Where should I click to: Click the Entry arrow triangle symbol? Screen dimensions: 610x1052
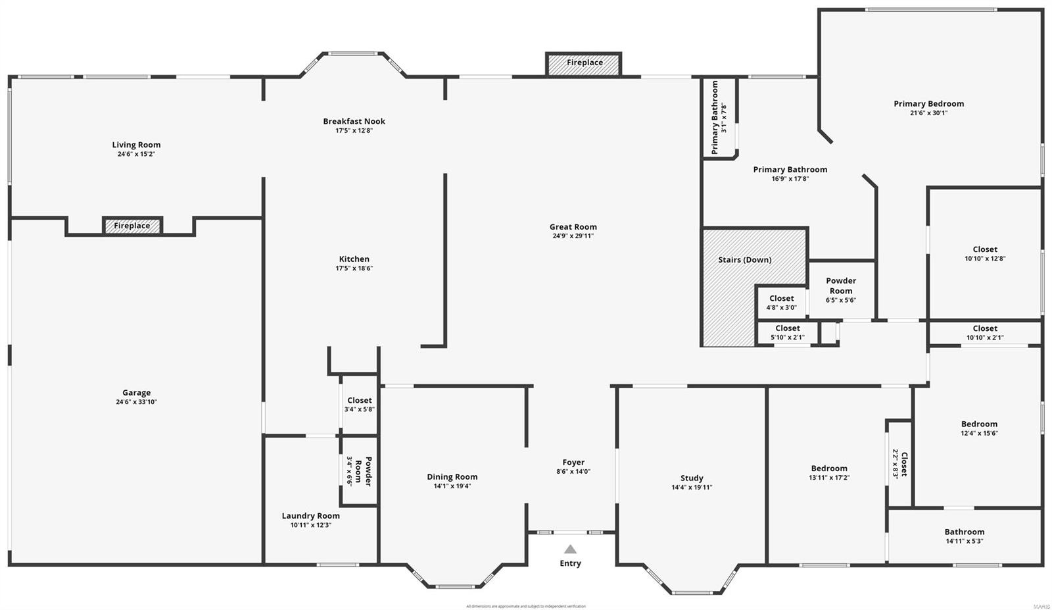(x=570, y=549)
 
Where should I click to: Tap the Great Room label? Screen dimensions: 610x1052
(x=573, y=227)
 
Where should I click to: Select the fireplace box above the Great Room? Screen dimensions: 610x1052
(x=584, y=63)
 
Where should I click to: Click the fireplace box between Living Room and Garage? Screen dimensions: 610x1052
(x=132, y=226)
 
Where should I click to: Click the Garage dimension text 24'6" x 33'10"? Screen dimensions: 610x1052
(x=136, y=402)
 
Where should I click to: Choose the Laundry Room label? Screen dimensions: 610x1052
(x=310, y=516)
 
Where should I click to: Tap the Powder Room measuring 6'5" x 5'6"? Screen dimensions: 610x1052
(x=841, y=290)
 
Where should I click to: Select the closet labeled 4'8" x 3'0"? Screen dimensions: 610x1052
(x=781, y=303)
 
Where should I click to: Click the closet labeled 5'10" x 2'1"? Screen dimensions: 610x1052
(x=787, y=333)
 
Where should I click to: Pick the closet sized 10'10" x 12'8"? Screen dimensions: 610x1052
(x=984, y=253)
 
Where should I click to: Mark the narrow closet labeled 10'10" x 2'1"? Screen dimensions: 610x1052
(x=984, y=333)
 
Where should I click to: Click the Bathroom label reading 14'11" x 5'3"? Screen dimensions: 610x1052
(x=964, y=536)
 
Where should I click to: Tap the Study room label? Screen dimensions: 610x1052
(x=692, y=478)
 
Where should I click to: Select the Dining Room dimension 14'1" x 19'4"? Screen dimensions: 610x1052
(x=452, y=486)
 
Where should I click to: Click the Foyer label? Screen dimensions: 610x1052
(x=573, y=463)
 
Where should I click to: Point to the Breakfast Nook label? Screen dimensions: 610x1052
(x=354, y=121)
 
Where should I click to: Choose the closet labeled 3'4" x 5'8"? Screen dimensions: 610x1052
(x=359, y=404)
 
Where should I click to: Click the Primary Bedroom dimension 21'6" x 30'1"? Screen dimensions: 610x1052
(x=928, y=113)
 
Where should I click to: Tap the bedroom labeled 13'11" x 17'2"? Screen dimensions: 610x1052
(x=828, y=473)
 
